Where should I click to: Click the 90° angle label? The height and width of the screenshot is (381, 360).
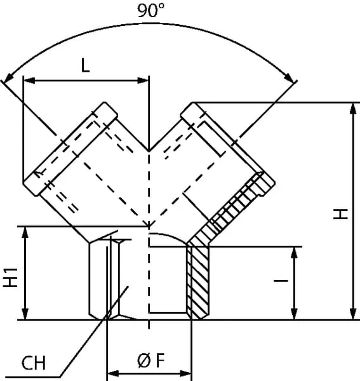(x=150, y=10)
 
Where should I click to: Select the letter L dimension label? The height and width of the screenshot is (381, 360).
(x=85, y=65)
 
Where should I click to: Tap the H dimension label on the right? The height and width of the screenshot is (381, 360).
(x=340, y=214)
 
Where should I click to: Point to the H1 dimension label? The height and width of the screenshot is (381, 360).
(x=10, y=277)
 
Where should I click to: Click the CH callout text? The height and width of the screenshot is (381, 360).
(x=34, y=363)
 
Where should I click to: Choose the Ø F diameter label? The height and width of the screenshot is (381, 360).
(x=151, y=361)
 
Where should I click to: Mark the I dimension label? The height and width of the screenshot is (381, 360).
(x=281, y=281)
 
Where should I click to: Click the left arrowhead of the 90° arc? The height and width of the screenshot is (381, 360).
(x=9, y=77)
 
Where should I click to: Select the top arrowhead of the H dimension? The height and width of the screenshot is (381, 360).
(x=353, y=109)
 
